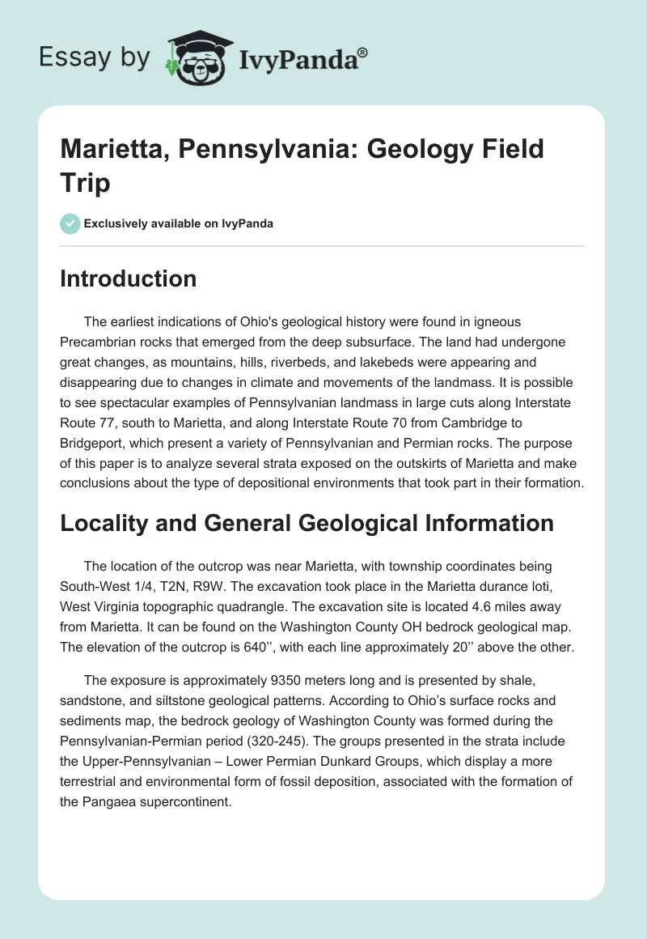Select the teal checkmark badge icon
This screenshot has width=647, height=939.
tap(70, 223)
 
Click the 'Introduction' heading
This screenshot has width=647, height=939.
tap(129, 278)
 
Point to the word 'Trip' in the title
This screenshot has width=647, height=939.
tap(86, 183)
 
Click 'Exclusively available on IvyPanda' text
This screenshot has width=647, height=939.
tap(179, 223)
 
